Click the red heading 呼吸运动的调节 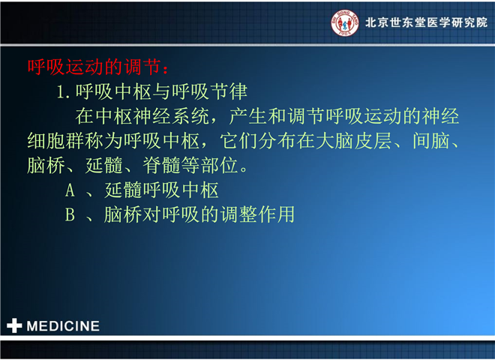[94, 67]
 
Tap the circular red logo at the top [344, 22]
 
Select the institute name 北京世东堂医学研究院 [426, 22]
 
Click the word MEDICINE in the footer [63, 326]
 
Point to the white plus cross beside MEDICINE [14, 325]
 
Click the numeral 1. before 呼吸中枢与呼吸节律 [63, 92]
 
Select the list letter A [70, 190]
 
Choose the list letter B [70, 214]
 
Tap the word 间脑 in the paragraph [431, 141]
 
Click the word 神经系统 [172, 116]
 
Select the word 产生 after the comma [248, 116]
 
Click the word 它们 [239, 141]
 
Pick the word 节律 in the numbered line [229, 92]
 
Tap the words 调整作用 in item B [257, 214]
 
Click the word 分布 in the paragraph [277, 141]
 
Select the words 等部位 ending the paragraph [210, 165]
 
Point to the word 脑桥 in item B [123, 214]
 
